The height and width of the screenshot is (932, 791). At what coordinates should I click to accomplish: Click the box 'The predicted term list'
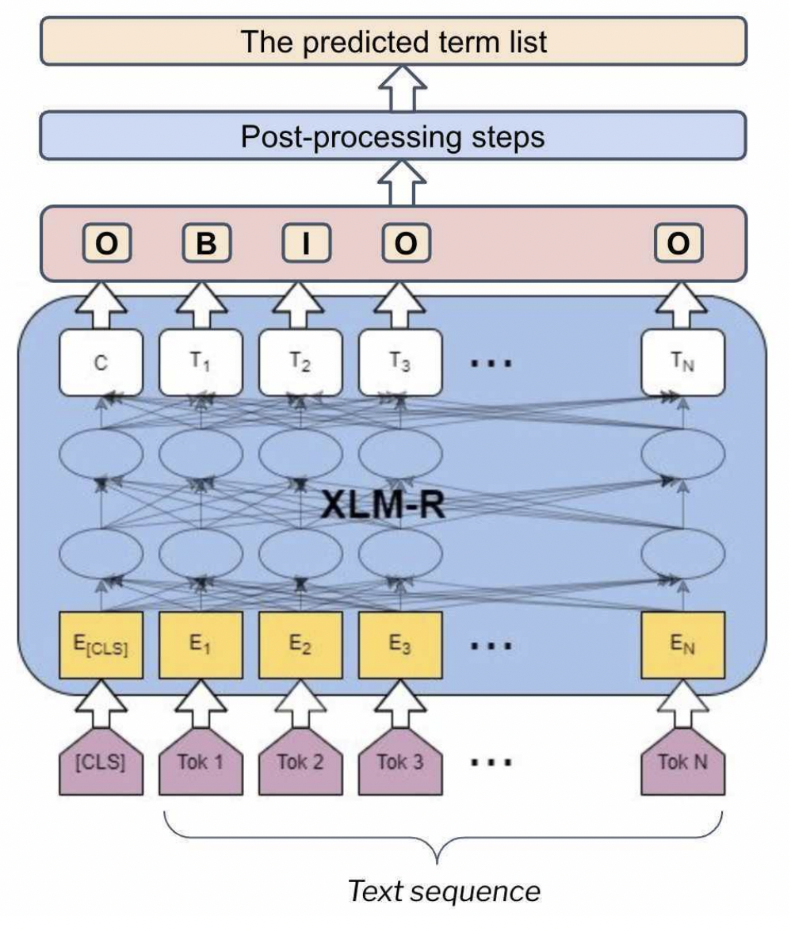393,40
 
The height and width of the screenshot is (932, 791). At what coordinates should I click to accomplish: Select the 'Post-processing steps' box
393,136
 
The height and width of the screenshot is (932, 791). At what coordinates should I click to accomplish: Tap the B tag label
206,245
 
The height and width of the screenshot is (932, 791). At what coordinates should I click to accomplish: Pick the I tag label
306,245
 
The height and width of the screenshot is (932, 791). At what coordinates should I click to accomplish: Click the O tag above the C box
106,245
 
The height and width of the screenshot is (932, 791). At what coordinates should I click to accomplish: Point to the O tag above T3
406,245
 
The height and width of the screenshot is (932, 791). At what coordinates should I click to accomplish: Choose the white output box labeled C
101,362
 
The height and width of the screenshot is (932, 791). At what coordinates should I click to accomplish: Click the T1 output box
201,362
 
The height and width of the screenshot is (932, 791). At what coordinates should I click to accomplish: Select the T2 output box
300,362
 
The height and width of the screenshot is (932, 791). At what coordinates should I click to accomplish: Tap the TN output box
682,362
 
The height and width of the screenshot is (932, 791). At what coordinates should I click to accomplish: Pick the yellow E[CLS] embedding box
101,645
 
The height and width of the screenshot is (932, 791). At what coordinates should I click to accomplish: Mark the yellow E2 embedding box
300,645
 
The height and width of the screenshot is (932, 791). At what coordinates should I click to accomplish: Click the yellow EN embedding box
682,645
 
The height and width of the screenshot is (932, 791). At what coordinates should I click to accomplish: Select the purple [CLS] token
101,765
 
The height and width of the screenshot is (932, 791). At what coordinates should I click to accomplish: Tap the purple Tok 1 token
201,765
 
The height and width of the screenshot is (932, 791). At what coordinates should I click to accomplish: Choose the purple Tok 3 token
400,765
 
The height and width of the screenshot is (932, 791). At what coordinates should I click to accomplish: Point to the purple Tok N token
682,765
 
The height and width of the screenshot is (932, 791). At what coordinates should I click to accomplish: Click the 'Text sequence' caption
444,892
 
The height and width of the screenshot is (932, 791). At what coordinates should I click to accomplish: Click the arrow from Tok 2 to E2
300,705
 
